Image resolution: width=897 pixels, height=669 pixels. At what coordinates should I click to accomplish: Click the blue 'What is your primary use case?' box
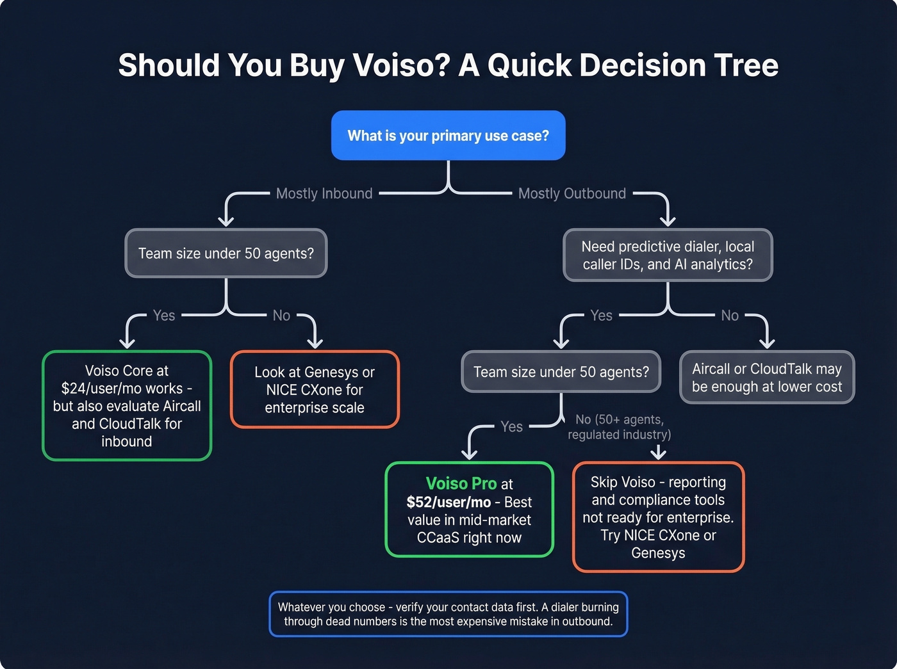448,136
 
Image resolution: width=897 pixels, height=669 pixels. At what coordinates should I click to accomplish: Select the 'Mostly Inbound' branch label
324,193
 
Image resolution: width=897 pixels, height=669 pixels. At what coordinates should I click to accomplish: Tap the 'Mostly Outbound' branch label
572,193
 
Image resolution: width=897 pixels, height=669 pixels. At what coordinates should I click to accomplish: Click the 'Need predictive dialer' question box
668,255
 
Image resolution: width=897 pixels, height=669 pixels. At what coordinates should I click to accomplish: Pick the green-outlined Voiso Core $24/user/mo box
127,406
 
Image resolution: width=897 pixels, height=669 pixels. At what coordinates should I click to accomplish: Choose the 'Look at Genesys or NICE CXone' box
315,390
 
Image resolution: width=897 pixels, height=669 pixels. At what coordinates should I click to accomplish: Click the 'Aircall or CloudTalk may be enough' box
767,378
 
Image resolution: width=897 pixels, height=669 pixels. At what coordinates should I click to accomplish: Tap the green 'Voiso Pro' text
461,484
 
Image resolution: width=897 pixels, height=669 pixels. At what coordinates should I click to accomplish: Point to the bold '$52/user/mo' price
448,502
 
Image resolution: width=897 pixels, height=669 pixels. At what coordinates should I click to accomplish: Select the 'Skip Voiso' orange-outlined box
658,517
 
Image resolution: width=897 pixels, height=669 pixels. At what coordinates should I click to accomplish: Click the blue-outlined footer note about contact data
448,614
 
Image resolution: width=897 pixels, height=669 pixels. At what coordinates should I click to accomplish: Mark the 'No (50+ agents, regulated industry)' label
619,427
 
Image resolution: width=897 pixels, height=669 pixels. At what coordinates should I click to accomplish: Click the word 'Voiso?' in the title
402,65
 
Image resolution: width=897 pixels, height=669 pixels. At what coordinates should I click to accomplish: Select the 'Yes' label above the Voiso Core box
164,316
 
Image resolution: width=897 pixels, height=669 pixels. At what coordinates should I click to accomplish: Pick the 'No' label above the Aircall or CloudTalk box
730,316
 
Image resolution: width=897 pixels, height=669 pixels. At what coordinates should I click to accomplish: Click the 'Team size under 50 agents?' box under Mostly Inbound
226,254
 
